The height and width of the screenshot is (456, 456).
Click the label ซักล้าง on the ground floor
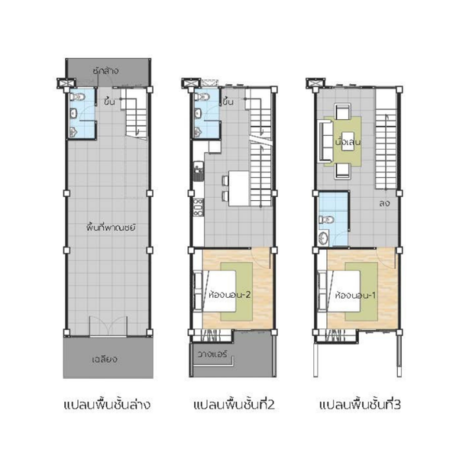(105, 71)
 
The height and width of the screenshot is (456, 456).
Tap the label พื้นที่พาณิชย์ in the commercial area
(111, 227)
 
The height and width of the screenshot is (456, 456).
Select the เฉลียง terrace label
(105, 360)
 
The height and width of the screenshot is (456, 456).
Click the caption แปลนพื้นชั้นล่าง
(107, 405)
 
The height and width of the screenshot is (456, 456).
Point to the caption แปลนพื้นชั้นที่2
(234, 405)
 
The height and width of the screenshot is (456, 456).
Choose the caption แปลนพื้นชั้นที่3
(360, 405)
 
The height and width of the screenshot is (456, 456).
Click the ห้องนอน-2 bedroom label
(230, 295)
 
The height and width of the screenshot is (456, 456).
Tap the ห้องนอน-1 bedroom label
(355, 296)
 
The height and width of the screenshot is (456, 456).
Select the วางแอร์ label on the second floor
(212, 354)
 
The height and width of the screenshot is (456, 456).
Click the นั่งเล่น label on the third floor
(348, 142)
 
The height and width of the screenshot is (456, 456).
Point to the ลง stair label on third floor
(384, 202)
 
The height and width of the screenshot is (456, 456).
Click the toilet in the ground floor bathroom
(77, 97)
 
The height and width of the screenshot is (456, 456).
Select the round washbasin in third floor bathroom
(323, 238)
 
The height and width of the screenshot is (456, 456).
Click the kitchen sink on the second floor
(199, 171)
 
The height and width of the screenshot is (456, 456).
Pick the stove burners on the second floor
(199, 207)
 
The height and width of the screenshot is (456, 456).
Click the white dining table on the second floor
(239, 188)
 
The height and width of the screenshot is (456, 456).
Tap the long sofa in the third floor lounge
(326, 141)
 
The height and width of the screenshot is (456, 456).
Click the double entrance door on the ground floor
(108, 327)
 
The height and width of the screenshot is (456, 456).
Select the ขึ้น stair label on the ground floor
(109, 102)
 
